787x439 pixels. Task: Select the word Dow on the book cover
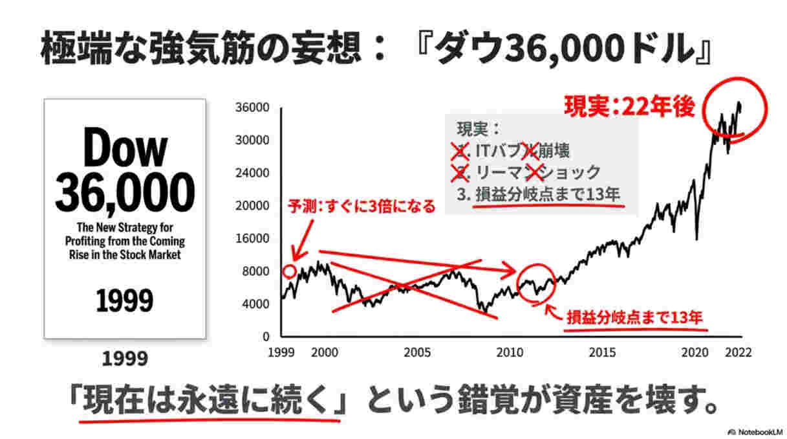pos(124,149)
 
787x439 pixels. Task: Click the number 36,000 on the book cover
pos(124,192)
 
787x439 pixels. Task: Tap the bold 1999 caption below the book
pos(124,358)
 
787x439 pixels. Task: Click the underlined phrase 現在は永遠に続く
pos(210,402)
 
